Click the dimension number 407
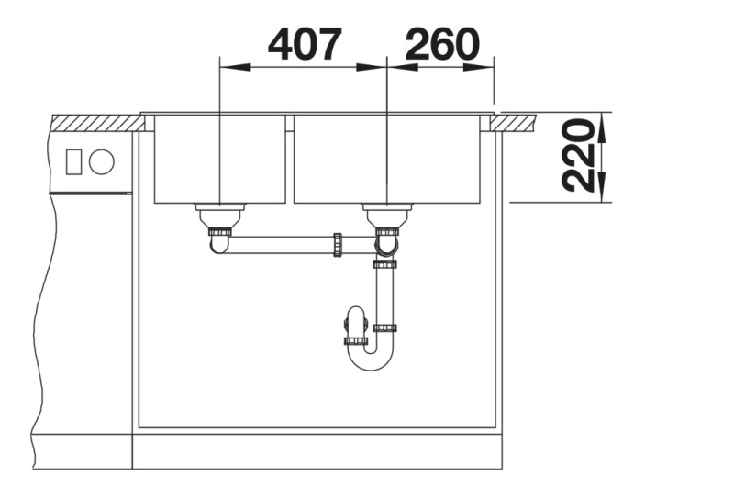(x=305, y=44)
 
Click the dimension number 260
(x=442, y=44)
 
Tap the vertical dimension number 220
(x=578, y=156)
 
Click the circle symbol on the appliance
(x=102, y=161)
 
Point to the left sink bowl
(x=219, y=159)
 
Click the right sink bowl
(x=386, y=159)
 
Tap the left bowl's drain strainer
(x=219, y=215)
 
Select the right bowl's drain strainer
(x=386, y=215)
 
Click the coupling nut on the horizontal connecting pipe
(x=337, y=244)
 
